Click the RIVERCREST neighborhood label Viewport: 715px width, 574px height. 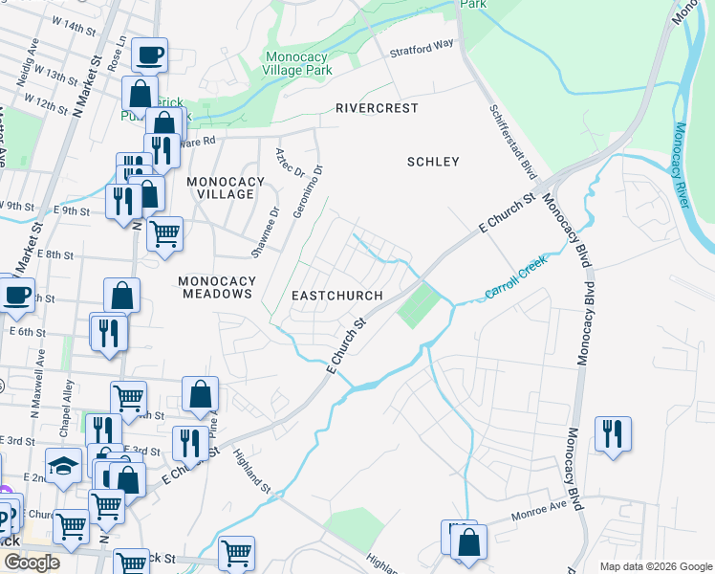[x=377, y=108]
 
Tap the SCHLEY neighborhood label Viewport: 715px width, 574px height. [x=433, y=162]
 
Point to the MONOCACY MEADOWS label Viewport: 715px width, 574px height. [x=214, y=287]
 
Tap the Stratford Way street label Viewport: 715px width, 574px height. [x=421, y=47]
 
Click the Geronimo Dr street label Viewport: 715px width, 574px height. [x=309, y=192]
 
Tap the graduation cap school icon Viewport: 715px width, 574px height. [x=64, y=466]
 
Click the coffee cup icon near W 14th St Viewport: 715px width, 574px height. [x=149, y=55]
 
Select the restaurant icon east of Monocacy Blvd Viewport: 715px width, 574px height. [x=613, y=433]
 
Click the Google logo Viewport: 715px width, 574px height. [x=32, y=563]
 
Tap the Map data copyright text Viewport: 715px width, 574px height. [x=655, y=566]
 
